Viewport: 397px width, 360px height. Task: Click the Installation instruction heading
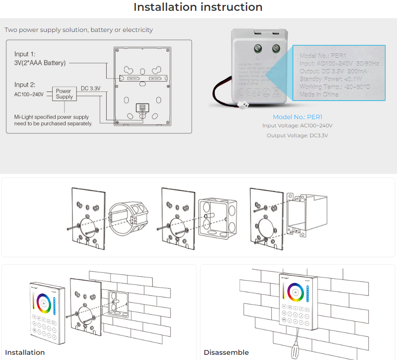point(198,7)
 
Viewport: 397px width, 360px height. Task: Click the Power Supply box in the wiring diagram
point(64,94)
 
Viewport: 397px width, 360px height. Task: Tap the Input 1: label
point(25,54)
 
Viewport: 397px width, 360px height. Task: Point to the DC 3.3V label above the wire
point(90,88)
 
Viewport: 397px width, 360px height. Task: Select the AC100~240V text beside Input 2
point(29,94)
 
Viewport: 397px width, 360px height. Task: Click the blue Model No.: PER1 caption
point(297,117)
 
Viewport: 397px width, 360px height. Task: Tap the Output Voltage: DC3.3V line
point(297,136)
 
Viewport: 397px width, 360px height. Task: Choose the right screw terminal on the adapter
point(275,47)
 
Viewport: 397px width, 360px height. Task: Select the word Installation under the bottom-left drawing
point(25,353)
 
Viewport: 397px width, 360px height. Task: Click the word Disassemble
point(226,353)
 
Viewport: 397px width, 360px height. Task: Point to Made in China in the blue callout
point(319,94)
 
